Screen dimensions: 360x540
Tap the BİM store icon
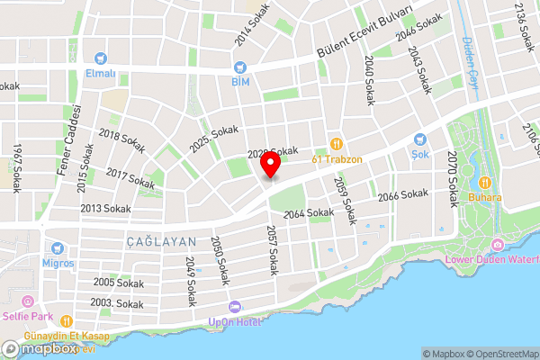coord(239,67)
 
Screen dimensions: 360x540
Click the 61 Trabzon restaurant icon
coord(337,143)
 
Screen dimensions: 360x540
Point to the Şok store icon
coord(419,139)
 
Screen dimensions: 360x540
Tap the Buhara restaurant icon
coord(484,181)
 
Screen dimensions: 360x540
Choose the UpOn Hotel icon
coord(236,307)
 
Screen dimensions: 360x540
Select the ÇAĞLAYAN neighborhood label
coord(148,242)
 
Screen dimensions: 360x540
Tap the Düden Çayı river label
coord(469,62)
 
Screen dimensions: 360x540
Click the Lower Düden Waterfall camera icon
coord(497,245)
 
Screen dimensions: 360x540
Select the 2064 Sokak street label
coord(309,213)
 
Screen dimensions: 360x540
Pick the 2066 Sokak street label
coord(402,194)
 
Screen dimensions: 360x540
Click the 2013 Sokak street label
coord(105,208)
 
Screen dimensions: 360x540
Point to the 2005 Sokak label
coord(118,283)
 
